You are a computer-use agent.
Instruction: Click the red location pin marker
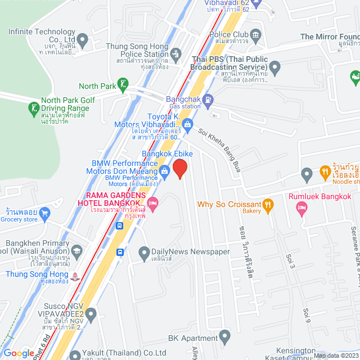(179, 169)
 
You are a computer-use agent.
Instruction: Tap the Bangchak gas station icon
(208, 100)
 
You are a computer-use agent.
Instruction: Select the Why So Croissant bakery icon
(268, 204)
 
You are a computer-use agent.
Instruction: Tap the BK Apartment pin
(225, 338)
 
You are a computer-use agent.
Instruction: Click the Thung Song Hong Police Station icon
(175, 53)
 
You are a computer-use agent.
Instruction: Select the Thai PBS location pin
(275, 68)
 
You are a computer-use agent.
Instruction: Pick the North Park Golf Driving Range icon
(34, 107)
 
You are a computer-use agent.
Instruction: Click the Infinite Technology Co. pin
(83, 40)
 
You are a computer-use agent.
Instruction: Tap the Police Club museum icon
(256, 35)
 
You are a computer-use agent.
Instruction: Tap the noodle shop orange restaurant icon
(325, 170)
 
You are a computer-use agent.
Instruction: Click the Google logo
(19, 353)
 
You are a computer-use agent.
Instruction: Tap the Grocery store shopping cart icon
(46, 213)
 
